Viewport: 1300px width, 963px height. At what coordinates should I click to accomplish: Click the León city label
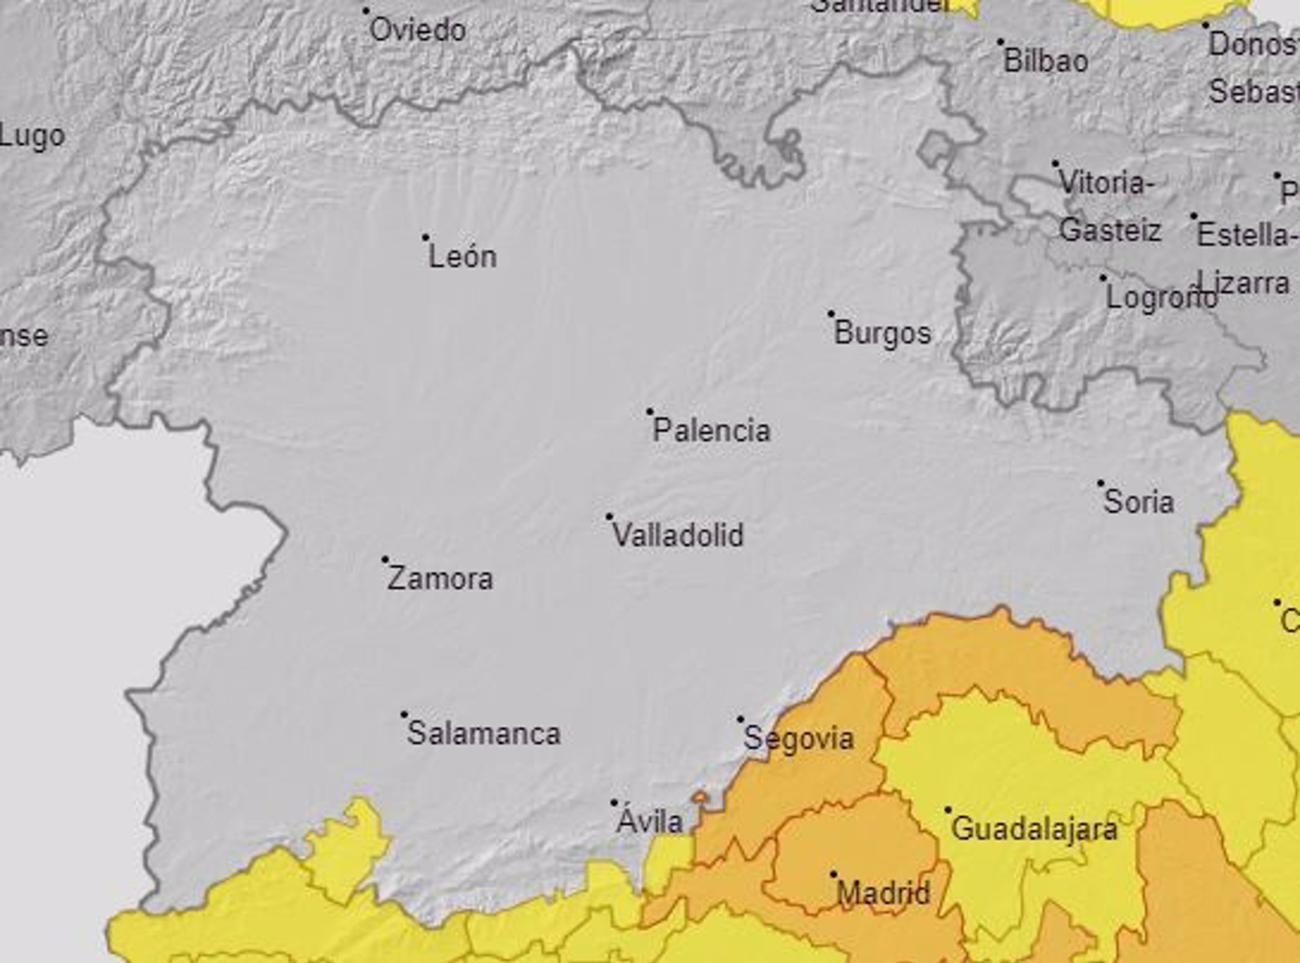tap(462, 257)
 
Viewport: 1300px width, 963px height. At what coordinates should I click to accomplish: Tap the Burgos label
tap(882, 333)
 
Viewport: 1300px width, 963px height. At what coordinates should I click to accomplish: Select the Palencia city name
tap(711, 431)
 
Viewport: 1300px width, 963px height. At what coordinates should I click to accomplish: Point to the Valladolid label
tap(678, 536)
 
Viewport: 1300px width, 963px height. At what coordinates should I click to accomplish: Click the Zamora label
tap(440, 579)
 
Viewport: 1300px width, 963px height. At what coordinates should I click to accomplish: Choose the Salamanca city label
tap(483, 734)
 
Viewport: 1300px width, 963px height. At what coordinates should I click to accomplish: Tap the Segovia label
tap(799, 739)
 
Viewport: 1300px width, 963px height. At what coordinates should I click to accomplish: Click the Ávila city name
tap(649, 821)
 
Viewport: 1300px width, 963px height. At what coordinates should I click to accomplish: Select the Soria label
tap(1138, 502)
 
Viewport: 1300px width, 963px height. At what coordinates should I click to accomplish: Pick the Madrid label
tap(882, 894)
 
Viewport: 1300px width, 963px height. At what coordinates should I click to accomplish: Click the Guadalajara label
tap(1033, 830)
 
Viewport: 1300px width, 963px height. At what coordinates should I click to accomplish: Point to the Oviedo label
tap(418, 31)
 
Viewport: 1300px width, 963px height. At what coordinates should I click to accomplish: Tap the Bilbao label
tap(1046, 61)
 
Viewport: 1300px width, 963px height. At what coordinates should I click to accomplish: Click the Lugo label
tap(32, 137)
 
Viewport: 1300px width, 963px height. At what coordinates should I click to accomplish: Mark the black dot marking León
tap(426, 238)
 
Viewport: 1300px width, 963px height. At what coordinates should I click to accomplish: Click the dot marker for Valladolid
tap(609, 517)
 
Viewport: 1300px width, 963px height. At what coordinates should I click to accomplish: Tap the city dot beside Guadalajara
tap(947, 810)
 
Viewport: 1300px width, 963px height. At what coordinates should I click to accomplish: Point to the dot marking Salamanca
tap(404, 715)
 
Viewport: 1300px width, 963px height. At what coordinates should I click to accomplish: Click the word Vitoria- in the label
tap(1106, 184)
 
